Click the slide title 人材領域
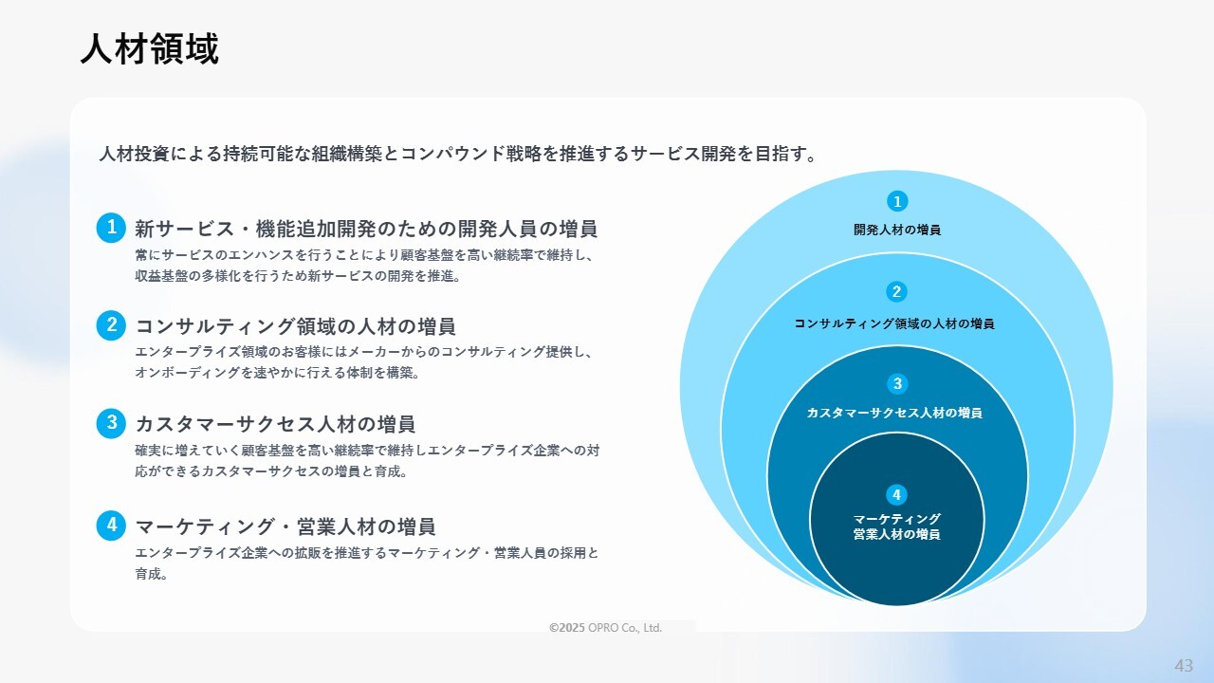(150, 49)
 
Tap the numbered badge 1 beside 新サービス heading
(111, 228)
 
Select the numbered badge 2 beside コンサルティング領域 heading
(111, 325)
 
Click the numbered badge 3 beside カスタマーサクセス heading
(111, 423)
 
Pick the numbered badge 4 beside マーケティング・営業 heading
(111, 526)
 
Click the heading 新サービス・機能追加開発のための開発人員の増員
(366, 229)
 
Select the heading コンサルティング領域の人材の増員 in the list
(295, 326)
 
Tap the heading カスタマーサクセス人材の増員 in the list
(275, 424)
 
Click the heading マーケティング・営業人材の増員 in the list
(285, 526)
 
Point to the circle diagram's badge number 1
(897, 201)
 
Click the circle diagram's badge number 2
(896, 291)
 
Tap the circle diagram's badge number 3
(897, 384)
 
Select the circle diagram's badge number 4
(896, 495)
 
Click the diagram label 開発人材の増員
(897, 230)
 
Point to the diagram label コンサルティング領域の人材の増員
(894, 323)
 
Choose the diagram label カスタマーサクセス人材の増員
(894, 413)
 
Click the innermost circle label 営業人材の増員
(897, 534)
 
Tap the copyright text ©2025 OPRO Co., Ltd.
(605, 628)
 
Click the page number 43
(1184, 665)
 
